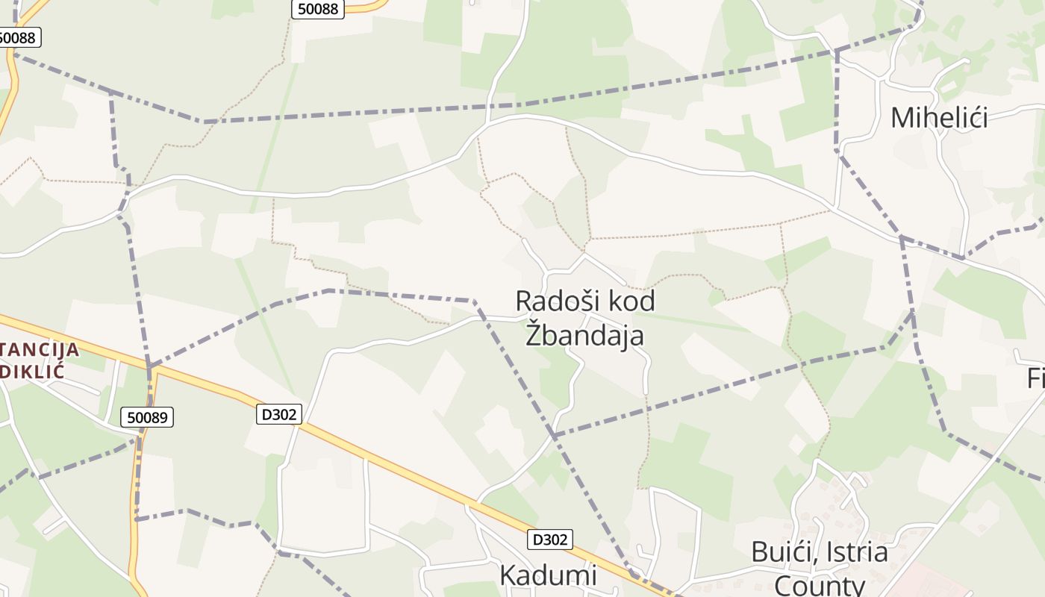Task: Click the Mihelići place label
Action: click(939, 118)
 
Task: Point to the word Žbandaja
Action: click(584, 335)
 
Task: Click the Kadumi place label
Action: click(548, 575)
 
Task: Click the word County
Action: click(819, 585)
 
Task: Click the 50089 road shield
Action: click(147, 418)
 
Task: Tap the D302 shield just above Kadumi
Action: click(550, 540)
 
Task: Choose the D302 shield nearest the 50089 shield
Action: click(279, 414)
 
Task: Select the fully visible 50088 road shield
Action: click(317, 9)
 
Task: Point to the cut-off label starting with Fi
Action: click(1035, 379)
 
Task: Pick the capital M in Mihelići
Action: click(905, 118)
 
